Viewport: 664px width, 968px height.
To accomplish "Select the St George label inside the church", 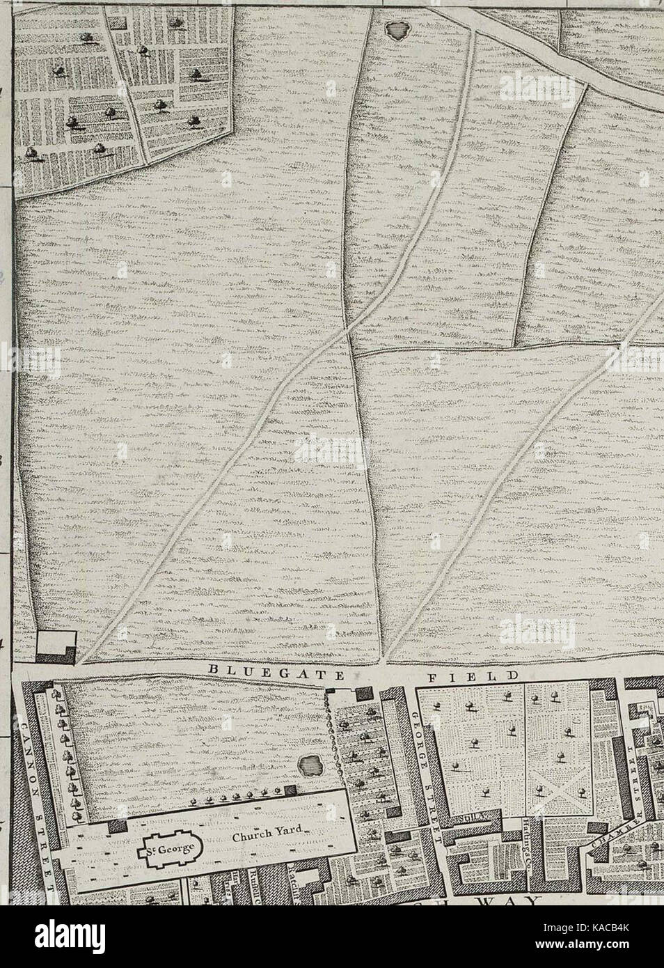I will [x=171, y=849].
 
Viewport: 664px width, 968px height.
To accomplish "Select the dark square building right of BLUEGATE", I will [x=362, y=694].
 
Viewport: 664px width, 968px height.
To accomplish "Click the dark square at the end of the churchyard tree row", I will [x=291, y=790].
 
